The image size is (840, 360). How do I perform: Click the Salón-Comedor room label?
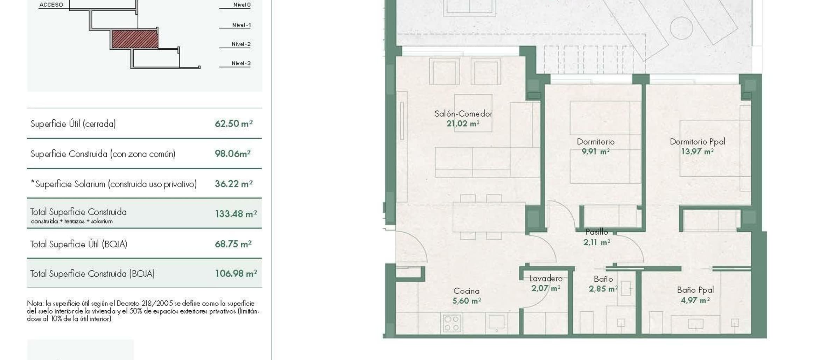click(x=463, y=114)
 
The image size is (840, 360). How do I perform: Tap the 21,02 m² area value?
click(x=463, y=123)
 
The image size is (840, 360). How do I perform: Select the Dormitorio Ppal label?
click(x=698, y=142)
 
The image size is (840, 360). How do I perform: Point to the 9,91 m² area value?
click(x=596, y=151)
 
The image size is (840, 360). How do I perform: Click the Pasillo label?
click(x=597, y=232)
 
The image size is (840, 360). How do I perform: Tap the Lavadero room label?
click(x=546, y=278)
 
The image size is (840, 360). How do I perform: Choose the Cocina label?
click(x=466, y=291)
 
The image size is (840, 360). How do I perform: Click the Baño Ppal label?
click(x=695, y=290)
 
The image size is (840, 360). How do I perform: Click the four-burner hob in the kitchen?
click(x=451, y=323)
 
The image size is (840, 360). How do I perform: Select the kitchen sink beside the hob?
click(x=496, y=322)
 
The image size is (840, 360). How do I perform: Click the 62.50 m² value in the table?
click(x=234, y=123)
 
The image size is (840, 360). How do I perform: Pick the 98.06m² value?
click(x=233, y=154)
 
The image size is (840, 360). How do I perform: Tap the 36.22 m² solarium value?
click(x=234, y=184)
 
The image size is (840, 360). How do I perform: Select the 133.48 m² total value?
click(x=236, y=214)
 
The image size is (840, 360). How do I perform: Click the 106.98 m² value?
click(x=236, y=274)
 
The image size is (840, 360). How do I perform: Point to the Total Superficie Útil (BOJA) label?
click(x=79, y=244)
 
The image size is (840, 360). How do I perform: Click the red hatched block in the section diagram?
click(x=135, y=39)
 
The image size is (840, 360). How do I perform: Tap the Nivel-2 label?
click(x=241, y=44)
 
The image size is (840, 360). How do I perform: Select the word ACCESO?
click(x=51, y=5)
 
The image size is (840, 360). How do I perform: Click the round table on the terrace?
click(x=681, y=28)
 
